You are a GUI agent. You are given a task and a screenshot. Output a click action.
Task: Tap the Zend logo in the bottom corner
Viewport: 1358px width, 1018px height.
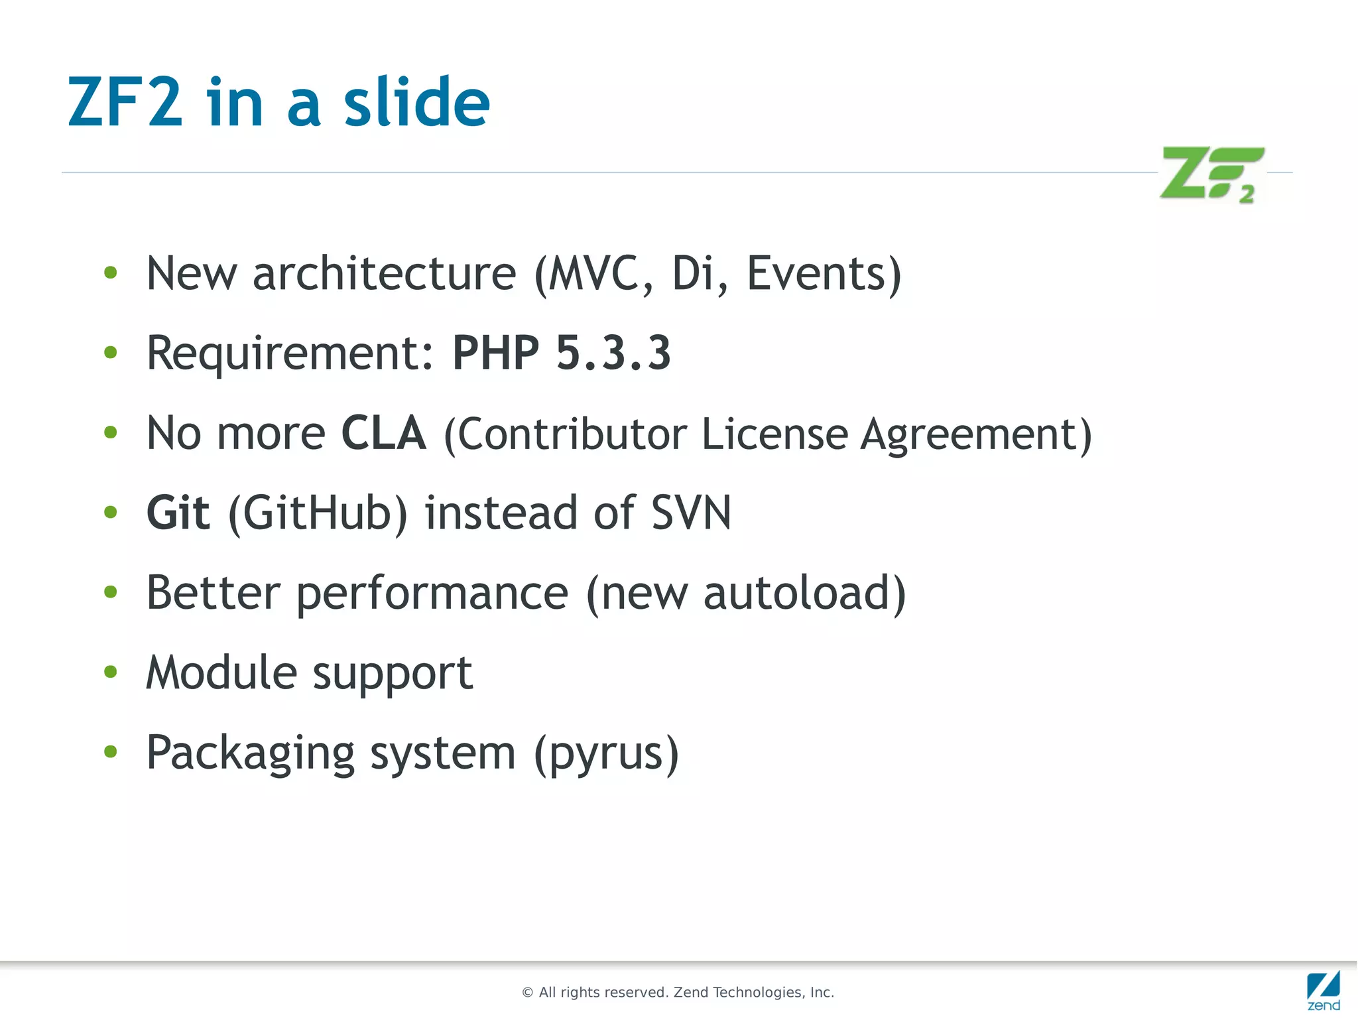point(1324,989)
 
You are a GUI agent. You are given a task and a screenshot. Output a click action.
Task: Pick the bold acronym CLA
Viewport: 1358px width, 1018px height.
point(383,433)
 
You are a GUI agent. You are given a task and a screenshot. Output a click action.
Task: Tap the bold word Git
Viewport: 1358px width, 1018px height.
point(178,513)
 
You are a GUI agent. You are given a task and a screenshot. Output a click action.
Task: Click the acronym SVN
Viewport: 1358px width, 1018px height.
point(691,513)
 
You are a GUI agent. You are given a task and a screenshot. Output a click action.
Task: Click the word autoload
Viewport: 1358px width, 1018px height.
point(796,592)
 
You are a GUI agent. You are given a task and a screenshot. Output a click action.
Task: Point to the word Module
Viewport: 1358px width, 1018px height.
point(221,672)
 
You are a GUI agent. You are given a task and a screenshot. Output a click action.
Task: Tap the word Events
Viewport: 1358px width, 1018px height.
point(816,273)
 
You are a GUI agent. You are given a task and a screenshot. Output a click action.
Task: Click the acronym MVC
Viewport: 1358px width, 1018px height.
point(593,273)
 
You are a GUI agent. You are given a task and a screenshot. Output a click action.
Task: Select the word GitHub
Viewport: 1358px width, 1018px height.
point(318,513)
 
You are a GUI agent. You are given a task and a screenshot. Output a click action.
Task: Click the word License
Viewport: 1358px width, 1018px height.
point(774,434)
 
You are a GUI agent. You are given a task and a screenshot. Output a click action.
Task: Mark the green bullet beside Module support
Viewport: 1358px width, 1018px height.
point(111,672)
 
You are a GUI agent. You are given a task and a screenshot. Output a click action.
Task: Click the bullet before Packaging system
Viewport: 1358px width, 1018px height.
point(111,751)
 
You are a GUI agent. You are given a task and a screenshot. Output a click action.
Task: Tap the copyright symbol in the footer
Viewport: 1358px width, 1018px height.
point(528,993)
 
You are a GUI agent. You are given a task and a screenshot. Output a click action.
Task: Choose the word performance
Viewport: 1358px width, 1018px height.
point(432,594)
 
